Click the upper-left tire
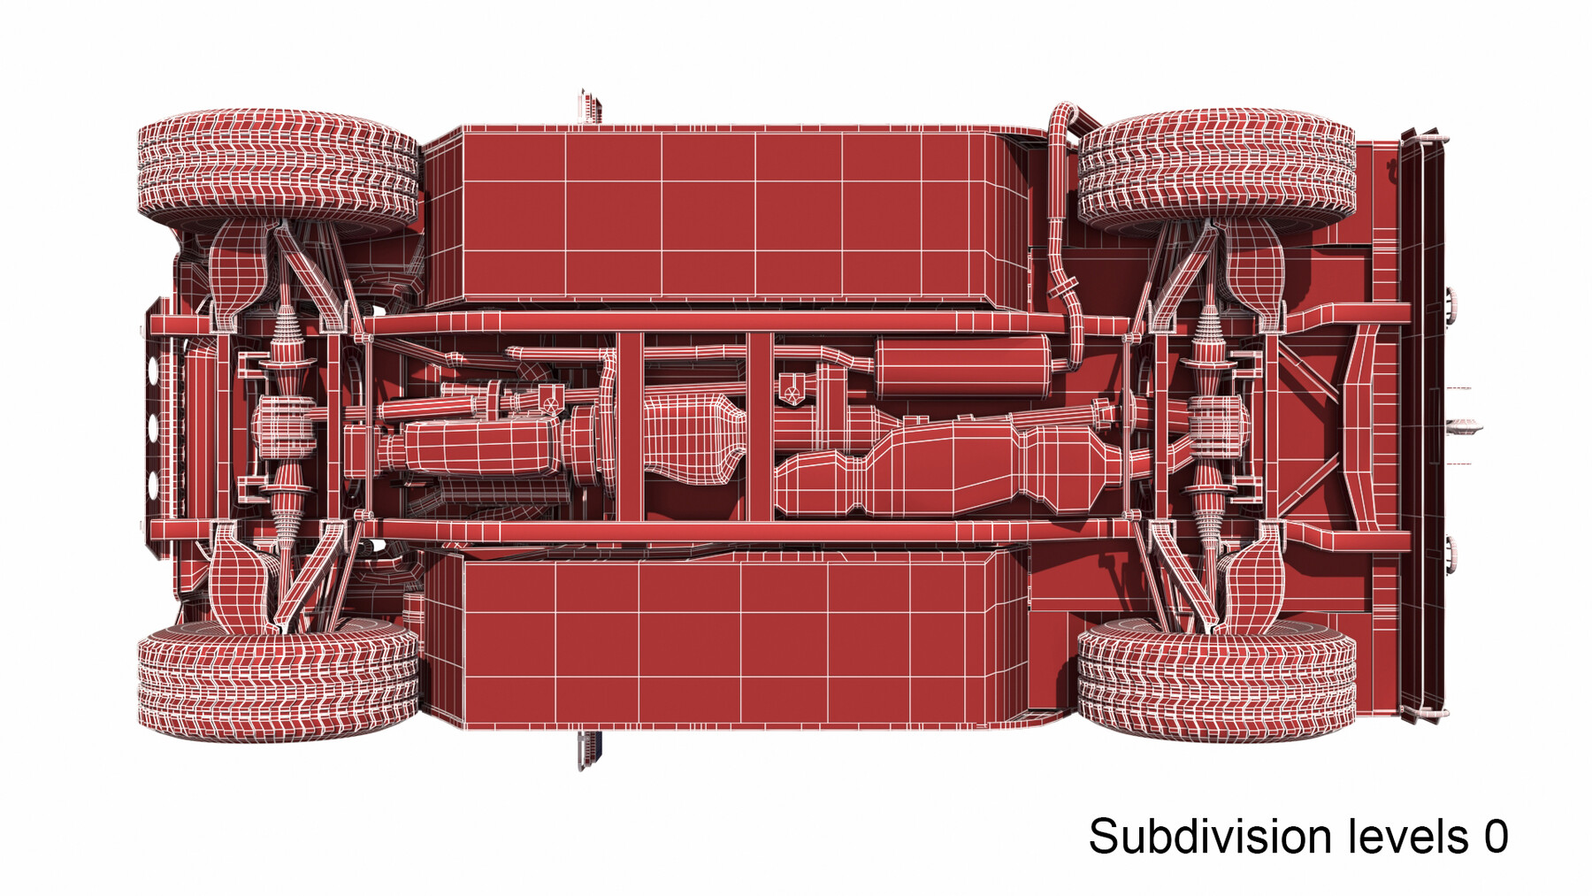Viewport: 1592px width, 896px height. click(278, 168)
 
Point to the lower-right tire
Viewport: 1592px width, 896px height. click(1217, 679)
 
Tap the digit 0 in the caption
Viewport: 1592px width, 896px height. click(1496, 837)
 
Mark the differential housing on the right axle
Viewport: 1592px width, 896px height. click(1219, 427)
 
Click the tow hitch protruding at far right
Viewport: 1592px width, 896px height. click(1464, 428)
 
